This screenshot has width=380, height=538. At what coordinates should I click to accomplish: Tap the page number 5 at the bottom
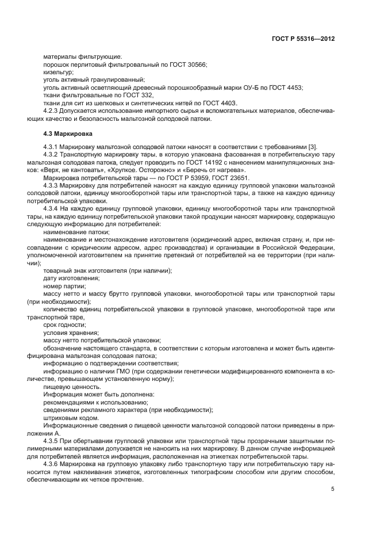tap(333, 489)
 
